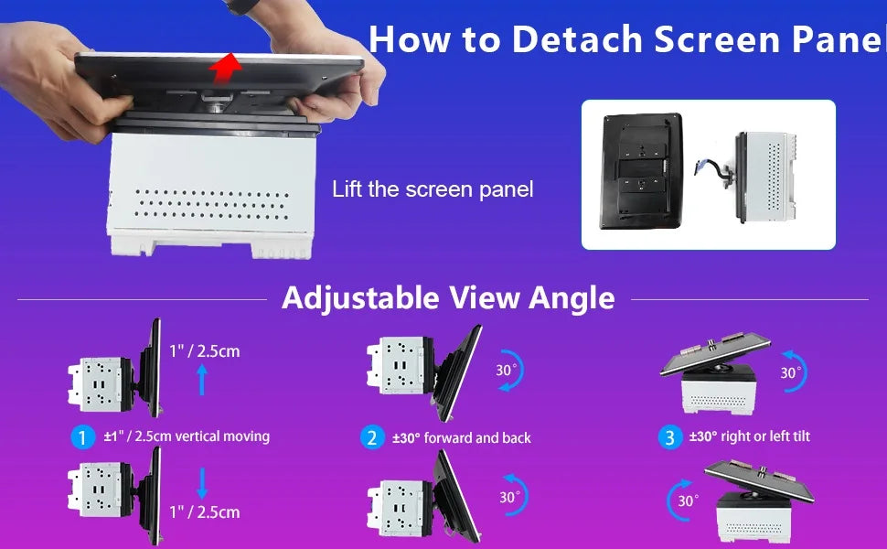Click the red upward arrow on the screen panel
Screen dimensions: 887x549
(225, 68)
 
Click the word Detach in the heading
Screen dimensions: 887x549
(577, 39)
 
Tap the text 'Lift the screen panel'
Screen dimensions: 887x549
(433, 189)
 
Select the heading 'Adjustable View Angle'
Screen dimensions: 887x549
(448, 297)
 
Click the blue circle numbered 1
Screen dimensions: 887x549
(82, 437)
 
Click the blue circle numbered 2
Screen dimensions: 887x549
(372, 438)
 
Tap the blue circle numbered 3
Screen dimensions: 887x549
(669, 437)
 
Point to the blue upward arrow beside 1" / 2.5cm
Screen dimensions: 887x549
(202, 380)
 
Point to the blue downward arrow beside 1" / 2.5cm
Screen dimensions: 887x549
(202, 483)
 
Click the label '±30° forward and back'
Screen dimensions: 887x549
(462, 438)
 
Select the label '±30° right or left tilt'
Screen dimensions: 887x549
(750, 436)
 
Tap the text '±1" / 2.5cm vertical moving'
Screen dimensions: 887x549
(187, 436)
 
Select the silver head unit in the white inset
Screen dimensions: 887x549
(764, 177)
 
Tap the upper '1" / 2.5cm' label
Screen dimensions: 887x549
(205, 351)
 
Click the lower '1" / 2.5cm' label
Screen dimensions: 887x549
(205, 512)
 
